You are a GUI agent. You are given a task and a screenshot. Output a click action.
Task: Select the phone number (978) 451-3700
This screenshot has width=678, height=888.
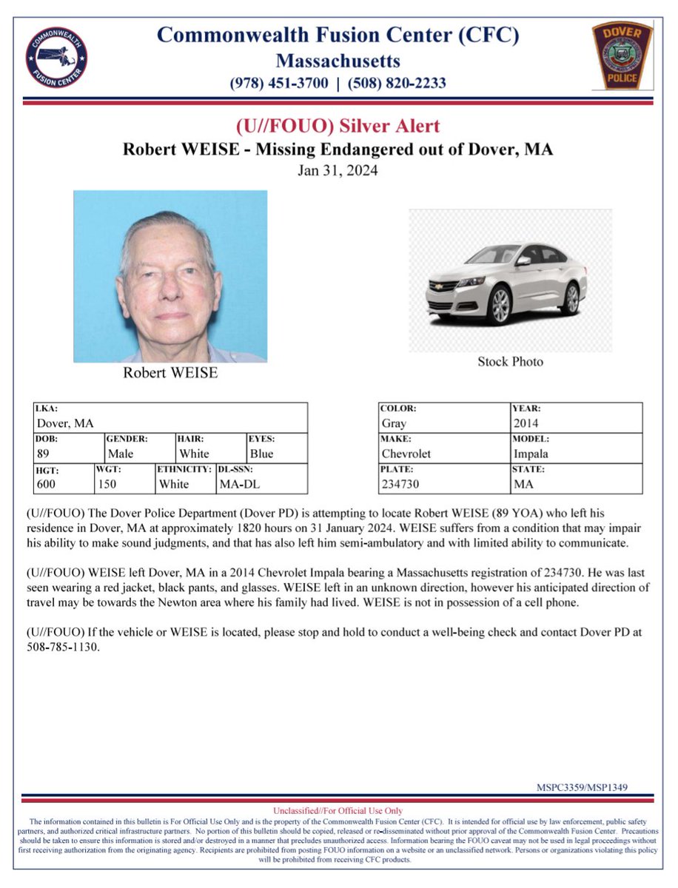[x=281, y=83]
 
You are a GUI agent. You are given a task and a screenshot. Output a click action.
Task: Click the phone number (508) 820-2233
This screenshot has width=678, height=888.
[x=398, y=83]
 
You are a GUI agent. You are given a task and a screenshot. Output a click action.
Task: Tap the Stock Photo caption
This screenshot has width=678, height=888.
[x=510, y=362]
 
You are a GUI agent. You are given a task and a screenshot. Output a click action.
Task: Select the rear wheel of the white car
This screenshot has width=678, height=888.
[x=571, y=297]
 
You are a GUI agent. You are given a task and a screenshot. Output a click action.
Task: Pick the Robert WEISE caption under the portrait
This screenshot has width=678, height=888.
[x=170, y=373]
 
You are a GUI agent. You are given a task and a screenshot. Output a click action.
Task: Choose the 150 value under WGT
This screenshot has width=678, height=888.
[x=107, y=484]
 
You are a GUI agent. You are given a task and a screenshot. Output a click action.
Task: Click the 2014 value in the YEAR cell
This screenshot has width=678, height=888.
[x=526, y=423]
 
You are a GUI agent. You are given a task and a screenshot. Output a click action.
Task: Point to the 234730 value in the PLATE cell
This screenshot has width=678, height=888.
[x=400, y=484]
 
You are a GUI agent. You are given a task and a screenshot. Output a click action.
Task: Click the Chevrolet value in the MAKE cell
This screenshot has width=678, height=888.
[x=406, y=454]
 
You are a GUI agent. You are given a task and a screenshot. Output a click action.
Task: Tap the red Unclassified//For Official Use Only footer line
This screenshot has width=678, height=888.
[x=338, y=812]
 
